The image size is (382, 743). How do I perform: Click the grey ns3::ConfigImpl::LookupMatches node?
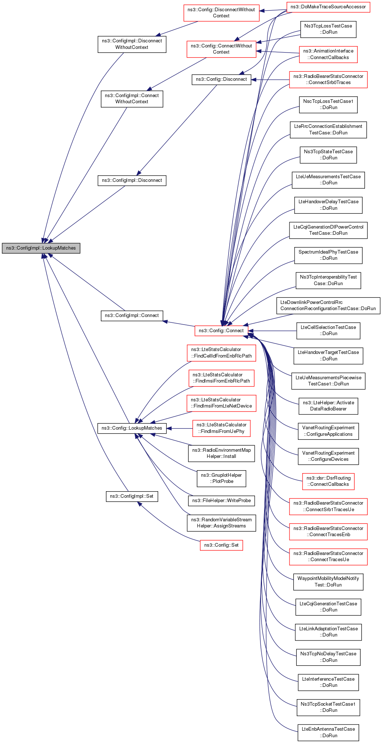coord(41,248)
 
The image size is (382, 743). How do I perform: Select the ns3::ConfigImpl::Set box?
coord(132,496)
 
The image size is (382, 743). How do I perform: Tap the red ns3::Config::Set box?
coord(221,545)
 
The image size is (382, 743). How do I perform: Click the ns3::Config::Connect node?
coord(221,330)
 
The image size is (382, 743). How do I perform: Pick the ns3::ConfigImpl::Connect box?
coord(132,316)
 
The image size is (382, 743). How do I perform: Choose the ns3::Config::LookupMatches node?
coord(132,428)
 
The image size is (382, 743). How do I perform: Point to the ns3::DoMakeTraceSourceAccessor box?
coord(328,7)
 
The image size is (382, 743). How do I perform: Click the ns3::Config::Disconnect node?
coord(221,79)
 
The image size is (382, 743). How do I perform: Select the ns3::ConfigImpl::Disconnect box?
coord(132,180)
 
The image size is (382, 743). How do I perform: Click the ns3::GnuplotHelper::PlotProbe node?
coord(221,478)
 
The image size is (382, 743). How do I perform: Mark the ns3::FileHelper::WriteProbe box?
coord(221,501)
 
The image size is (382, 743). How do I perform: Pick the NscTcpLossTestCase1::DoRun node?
coord(328,104)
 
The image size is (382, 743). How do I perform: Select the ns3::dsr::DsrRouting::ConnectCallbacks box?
coord(328,481)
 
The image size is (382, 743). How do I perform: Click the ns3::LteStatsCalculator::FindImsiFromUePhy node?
coord(221,428)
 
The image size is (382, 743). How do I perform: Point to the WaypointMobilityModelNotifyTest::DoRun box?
coord(328,581)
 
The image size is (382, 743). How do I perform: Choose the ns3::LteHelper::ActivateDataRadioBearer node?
coord(328,406)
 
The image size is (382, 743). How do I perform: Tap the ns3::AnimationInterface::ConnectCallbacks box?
coord(328,54)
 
